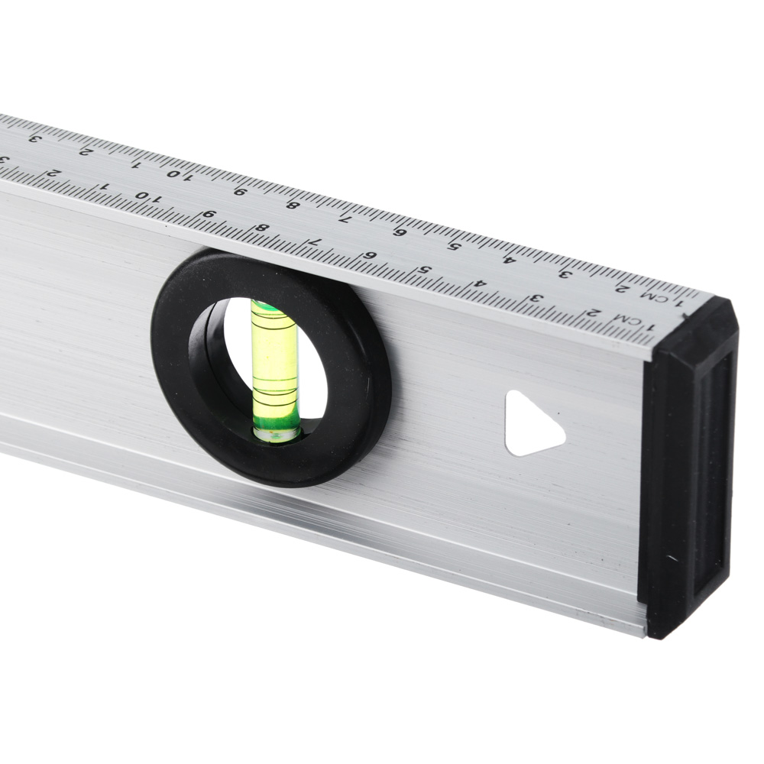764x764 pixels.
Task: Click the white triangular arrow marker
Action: coord(530,424)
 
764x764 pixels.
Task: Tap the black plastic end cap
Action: coord(688,468)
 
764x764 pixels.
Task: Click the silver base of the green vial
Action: coord(274,434)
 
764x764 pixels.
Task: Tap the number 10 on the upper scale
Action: coord(177,175)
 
